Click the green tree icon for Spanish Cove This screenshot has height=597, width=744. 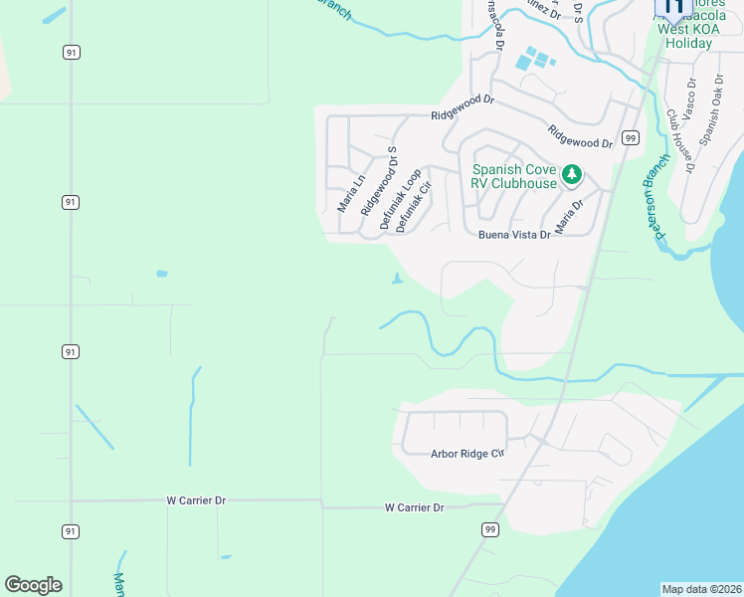[x=572, y=175]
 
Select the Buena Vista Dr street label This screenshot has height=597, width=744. [x=514, y=235]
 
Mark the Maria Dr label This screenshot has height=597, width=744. [x=569, y=216]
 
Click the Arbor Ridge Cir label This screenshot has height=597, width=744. [x=467, y=454]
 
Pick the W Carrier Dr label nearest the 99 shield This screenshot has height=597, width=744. [x=414, y=507]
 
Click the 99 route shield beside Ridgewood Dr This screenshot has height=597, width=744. [x=630, y=137]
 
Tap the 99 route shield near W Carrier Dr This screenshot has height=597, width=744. [x=489, y=529]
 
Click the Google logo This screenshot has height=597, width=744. [x=34, y=585]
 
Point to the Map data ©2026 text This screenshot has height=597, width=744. [x=701, y=589]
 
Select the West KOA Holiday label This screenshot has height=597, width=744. [x=688, y=37]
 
